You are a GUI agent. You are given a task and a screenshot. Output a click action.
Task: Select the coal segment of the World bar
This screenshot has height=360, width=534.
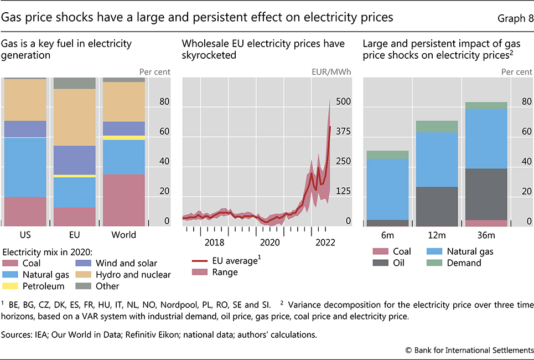[123, 199]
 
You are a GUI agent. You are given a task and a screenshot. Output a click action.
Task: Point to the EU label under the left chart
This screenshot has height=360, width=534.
[74, 234]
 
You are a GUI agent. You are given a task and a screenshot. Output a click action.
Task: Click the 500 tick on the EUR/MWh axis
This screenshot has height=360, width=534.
[344, 102]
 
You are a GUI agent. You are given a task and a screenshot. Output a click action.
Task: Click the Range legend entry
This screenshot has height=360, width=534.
[225, 272]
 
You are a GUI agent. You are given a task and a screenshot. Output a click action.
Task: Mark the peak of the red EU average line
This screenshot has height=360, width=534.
[330, 127]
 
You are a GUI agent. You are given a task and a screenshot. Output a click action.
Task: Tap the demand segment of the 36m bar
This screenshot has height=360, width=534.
[486, 105]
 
